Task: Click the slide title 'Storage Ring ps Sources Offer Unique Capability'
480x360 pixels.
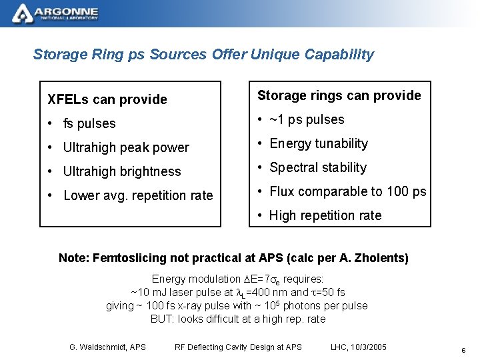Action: (203, 55)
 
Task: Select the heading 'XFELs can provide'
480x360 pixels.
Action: (107, 100)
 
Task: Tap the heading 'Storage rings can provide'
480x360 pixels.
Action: (339, 96)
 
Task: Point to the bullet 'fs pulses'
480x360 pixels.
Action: (89, 124)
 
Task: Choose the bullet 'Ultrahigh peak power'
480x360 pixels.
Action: (126, 148)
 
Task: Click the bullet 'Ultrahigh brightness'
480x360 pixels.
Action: (121, 172)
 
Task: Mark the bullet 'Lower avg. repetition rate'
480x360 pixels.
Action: (138, 196)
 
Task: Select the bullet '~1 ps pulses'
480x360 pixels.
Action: (307, 120)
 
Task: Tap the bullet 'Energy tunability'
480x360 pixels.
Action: (319, 144)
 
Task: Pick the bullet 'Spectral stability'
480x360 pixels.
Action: (318, 168)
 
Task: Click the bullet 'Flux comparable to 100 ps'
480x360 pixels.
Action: (347, 192)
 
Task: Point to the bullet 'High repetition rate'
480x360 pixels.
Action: (325, 216)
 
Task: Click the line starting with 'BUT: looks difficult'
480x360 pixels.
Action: (238, 319)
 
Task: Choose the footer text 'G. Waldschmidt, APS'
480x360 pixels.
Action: (107, 347)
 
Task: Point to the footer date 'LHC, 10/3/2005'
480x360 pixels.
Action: (359, 347)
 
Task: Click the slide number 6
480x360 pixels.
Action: (463, 350)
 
